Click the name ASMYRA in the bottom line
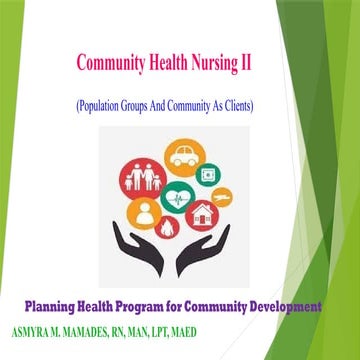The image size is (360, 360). coord(32,325)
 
